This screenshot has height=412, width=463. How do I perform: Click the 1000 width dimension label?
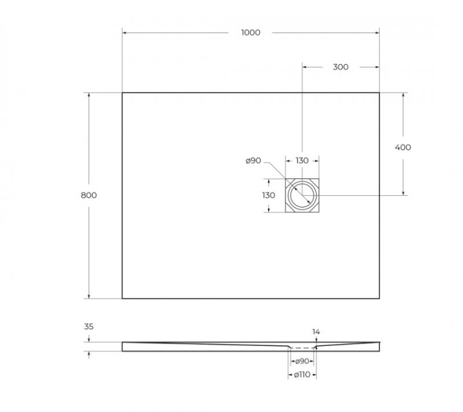coord(251,33)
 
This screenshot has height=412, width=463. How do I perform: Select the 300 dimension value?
coord(340,67)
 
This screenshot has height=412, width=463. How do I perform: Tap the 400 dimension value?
coord(403,148)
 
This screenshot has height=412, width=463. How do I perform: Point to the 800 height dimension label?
coord(89,195)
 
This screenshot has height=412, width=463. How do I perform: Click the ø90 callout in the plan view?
coord(254,161)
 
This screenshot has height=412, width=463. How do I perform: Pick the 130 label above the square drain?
coord(302,161)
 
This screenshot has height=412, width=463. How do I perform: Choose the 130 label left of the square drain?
coord(268,195)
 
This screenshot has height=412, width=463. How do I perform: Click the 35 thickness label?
coord(88,327)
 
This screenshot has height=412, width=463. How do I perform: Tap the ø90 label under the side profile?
coord(302,361)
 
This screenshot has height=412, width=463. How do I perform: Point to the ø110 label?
coord(302,374)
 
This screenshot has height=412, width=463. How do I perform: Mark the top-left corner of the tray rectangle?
coord(122,93)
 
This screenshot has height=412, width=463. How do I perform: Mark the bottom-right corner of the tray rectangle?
coord(379,298)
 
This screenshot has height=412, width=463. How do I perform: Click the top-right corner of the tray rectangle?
coord(379,93)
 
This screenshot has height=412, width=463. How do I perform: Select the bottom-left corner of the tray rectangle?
coord(122,298)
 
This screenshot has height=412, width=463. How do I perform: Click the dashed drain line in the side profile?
coord(302,347)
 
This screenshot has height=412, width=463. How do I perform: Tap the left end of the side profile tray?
coord(123,347)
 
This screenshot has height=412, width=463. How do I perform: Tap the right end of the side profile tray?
coord(378,347)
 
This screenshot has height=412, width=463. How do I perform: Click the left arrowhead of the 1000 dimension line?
coord(125,33)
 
